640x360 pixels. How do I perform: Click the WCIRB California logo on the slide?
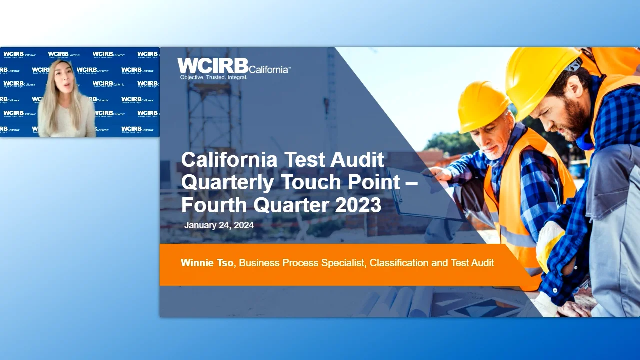(233, 66)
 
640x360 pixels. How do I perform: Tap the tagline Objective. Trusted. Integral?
(214, 78)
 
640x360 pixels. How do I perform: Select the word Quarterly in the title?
(227, 183)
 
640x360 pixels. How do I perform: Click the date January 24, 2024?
(219, 225)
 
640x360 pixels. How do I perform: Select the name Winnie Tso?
(207, 263)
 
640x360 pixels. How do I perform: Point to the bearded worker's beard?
(575, 120)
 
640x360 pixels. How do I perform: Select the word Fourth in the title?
(214, 205)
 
